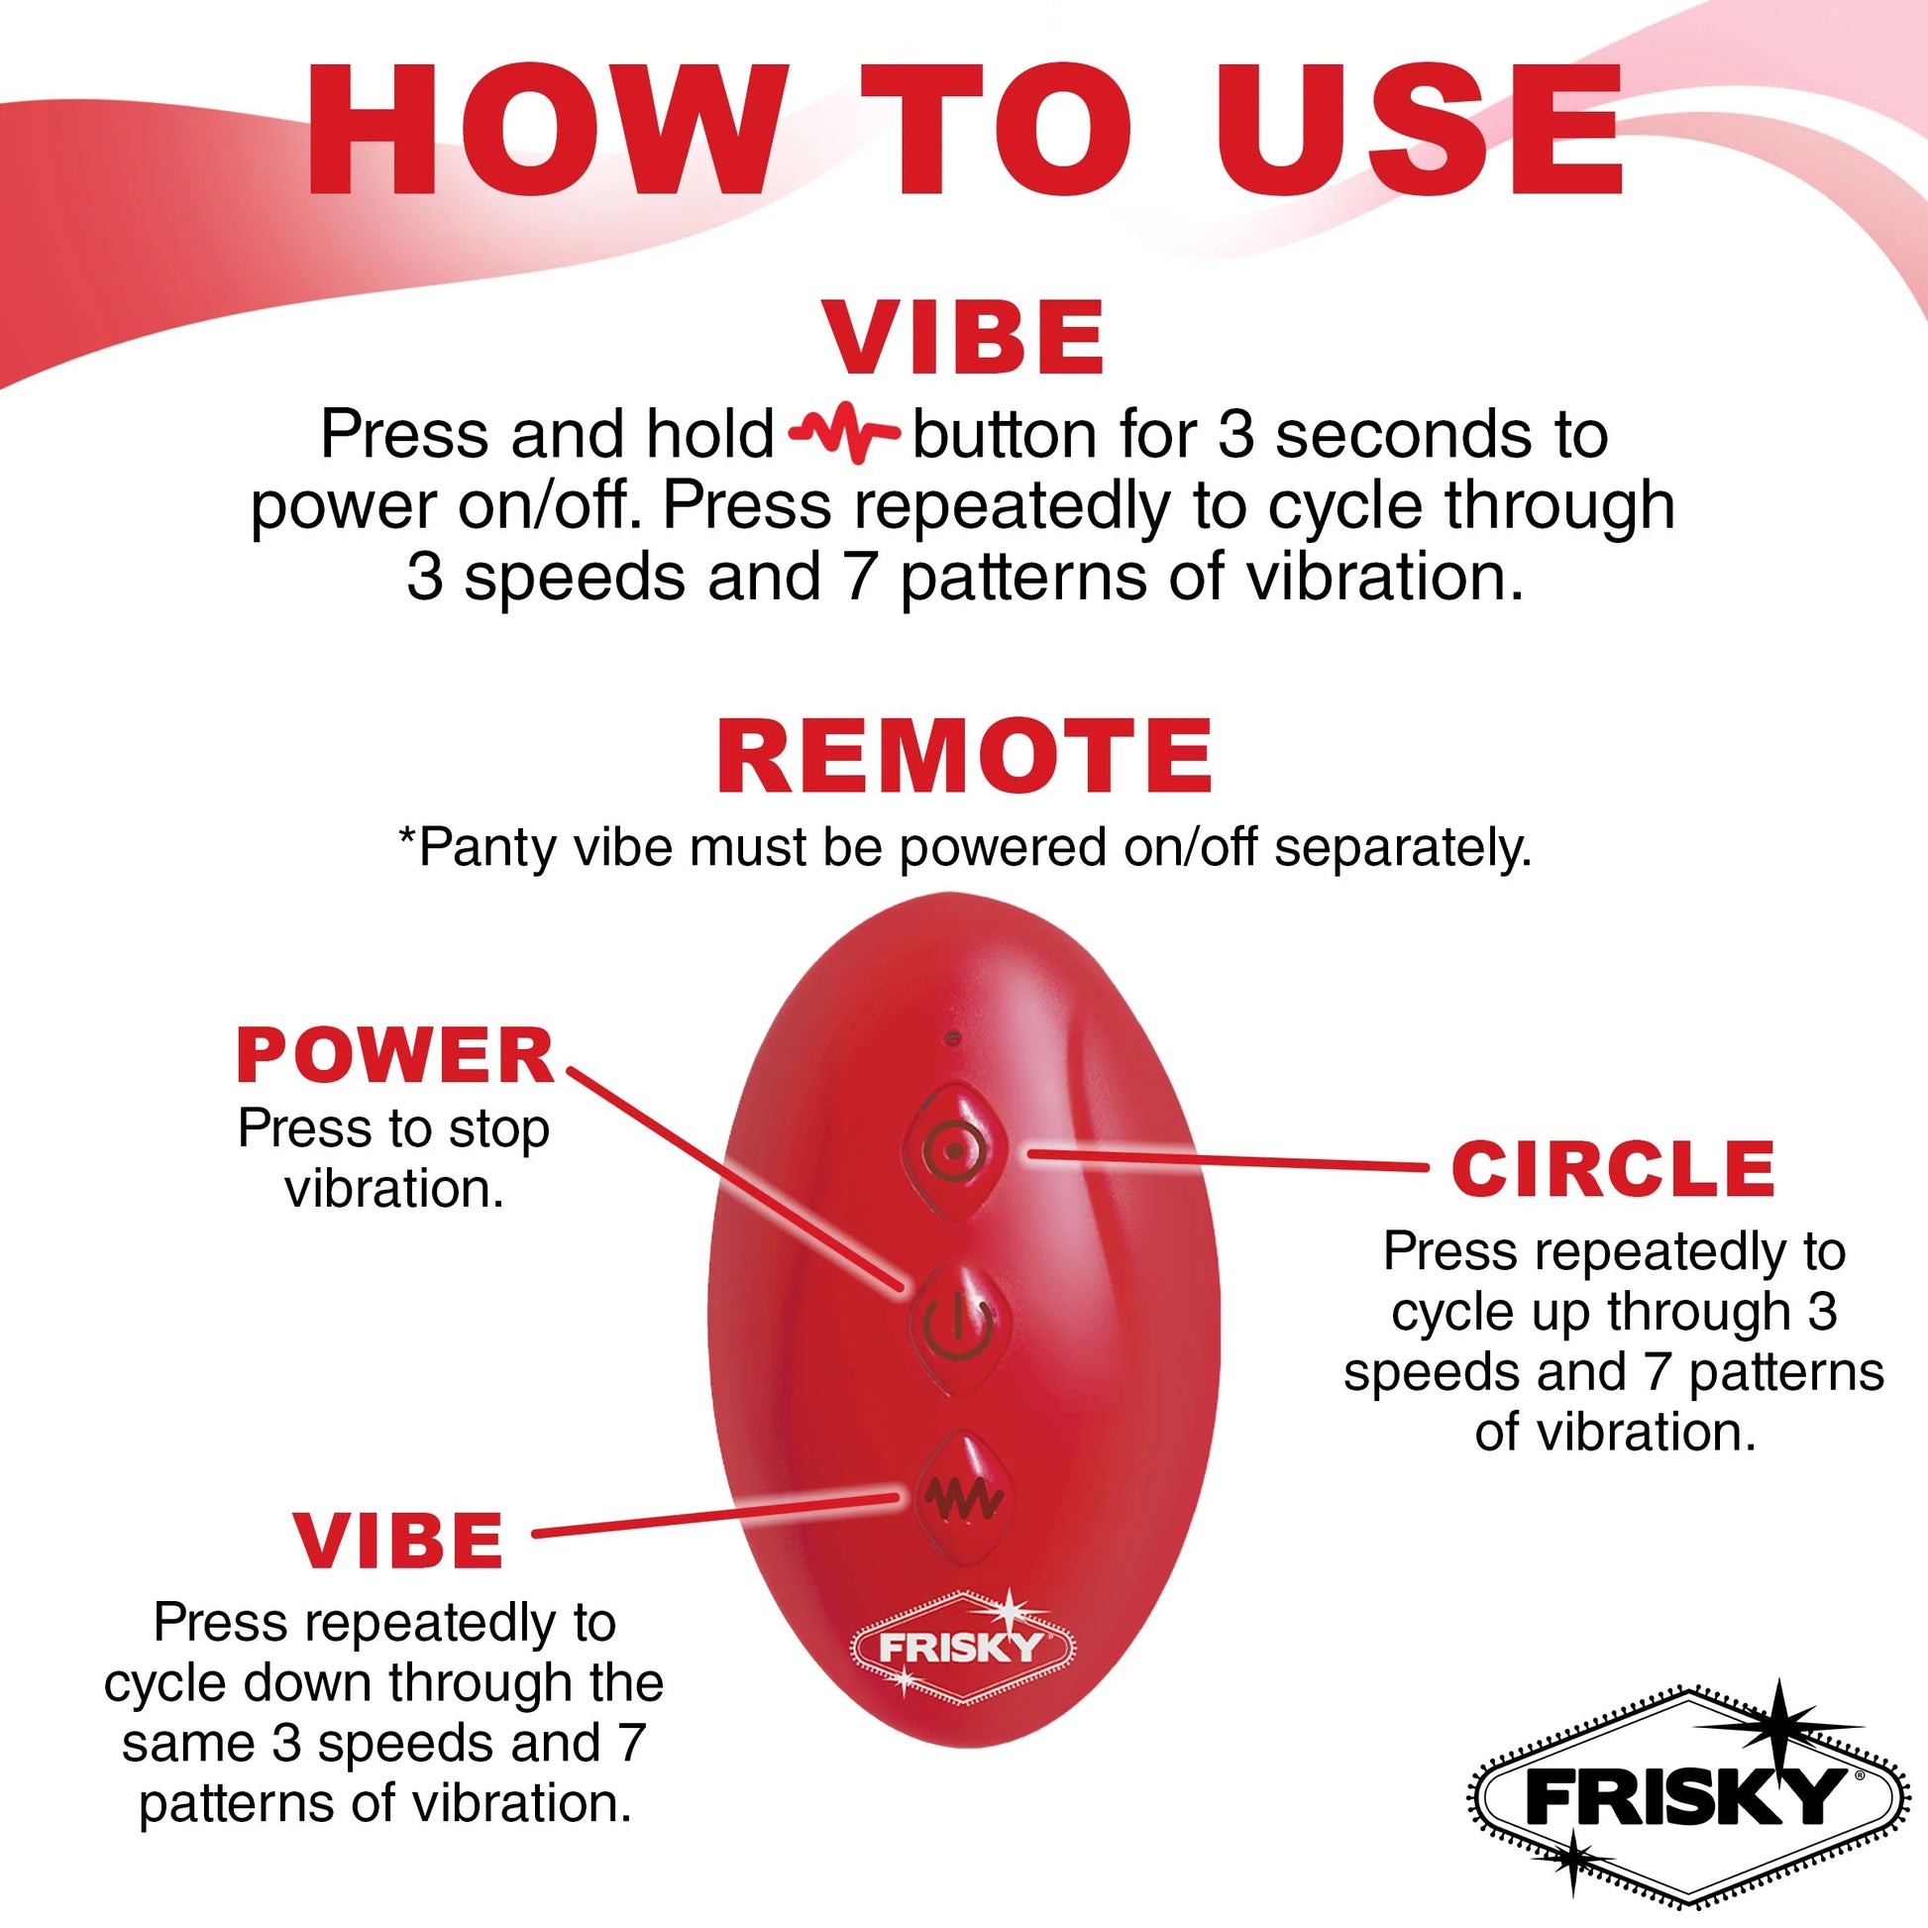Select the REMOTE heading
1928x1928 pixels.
pos(964,755)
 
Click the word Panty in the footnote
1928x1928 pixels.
pos(475,848)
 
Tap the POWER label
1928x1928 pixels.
pos(395,1056)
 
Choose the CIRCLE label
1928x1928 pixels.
pos(1613,1168)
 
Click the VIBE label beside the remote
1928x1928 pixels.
pos(398,1542)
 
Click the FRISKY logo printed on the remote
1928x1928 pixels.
pos(961,1648)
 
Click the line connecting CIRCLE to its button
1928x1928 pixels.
pos(1228,1159)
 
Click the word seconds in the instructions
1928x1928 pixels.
pos(1397,436)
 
